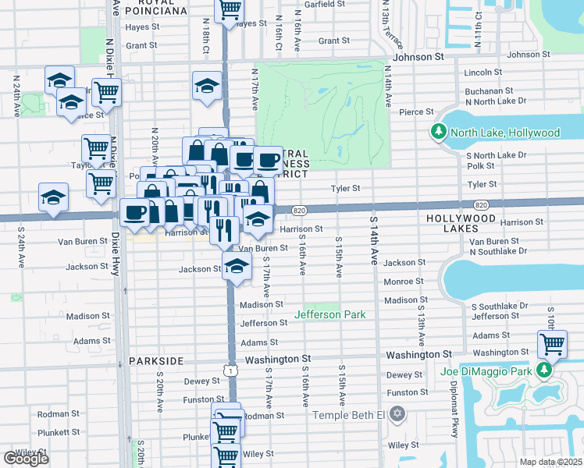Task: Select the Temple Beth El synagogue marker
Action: pyautogui.click(x=397, y=414)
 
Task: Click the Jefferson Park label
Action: pyautogui.click(x=329, y=314)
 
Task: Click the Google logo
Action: pyautogui.click(x=26, y=459)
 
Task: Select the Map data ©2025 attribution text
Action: pyautogui.click(x=550, y=462)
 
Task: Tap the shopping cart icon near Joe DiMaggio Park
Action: pyautogui.click(x=553, y=344)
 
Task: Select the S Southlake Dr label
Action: pyautogui.click(x=500, y=306)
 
